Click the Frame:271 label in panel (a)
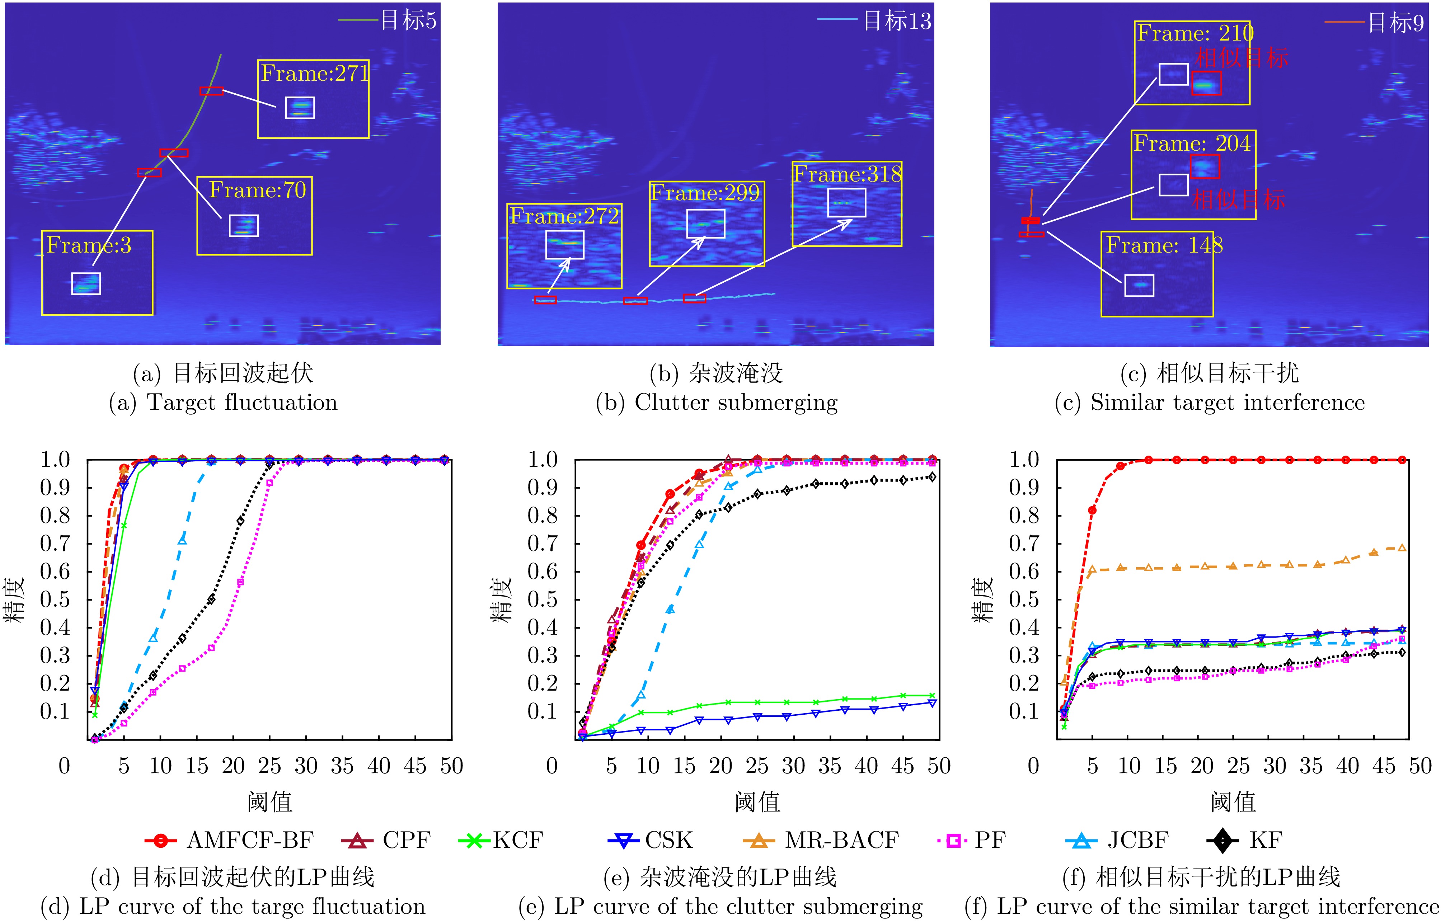314,74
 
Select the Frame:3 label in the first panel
89,245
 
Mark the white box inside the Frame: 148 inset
1139,286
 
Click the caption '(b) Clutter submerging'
717,402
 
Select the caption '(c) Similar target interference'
1209,402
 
